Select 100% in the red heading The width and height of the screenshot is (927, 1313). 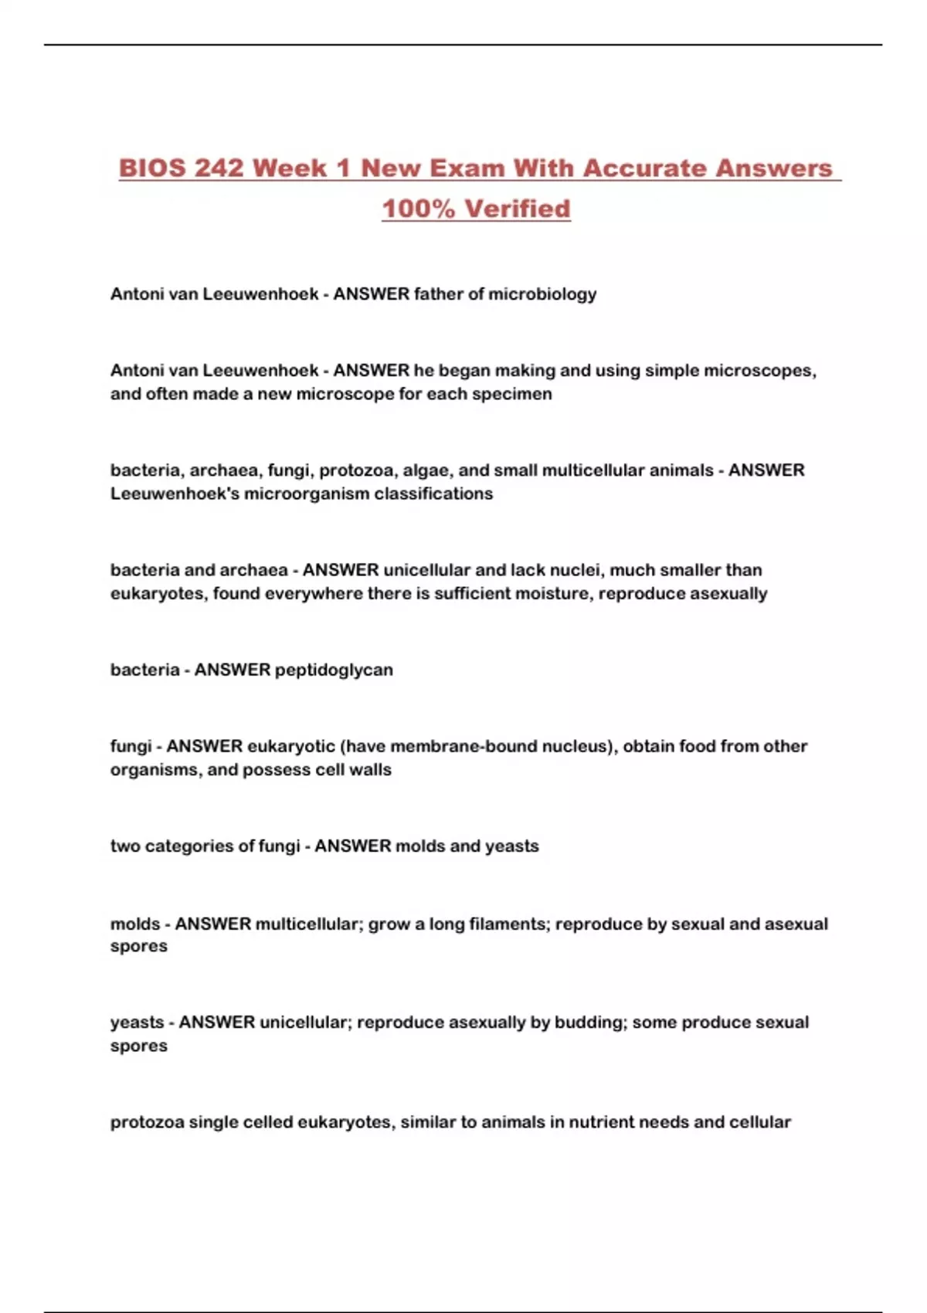(x=418, y=208)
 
